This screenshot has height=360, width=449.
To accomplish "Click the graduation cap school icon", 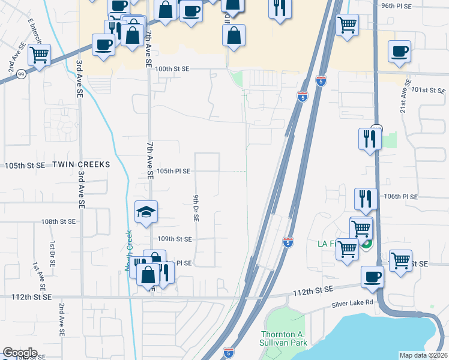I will click(146, 212).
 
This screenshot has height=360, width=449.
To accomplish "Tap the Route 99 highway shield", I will click(21, 74).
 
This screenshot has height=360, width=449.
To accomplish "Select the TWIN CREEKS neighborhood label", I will click(82, 164).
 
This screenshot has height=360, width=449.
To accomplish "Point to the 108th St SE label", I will click(59, 221).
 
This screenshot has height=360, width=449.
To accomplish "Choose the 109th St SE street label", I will click(174, 239).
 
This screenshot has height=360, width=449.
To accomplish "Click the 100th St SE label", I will click(172, 69).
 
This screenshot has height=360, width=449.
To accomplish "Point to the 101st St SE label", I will click(429, 90).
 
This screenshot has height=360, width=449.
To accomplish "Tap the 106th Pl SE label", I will click(401, 196).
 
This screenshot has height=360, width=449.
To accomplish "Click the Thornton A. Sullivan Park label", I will click(285, 338).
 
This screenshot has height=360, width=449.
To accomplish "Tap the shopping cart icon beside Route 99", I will click(39, 56).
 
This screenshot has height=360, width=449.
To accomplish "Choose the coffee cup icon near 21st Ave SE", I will click(399, 52).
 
